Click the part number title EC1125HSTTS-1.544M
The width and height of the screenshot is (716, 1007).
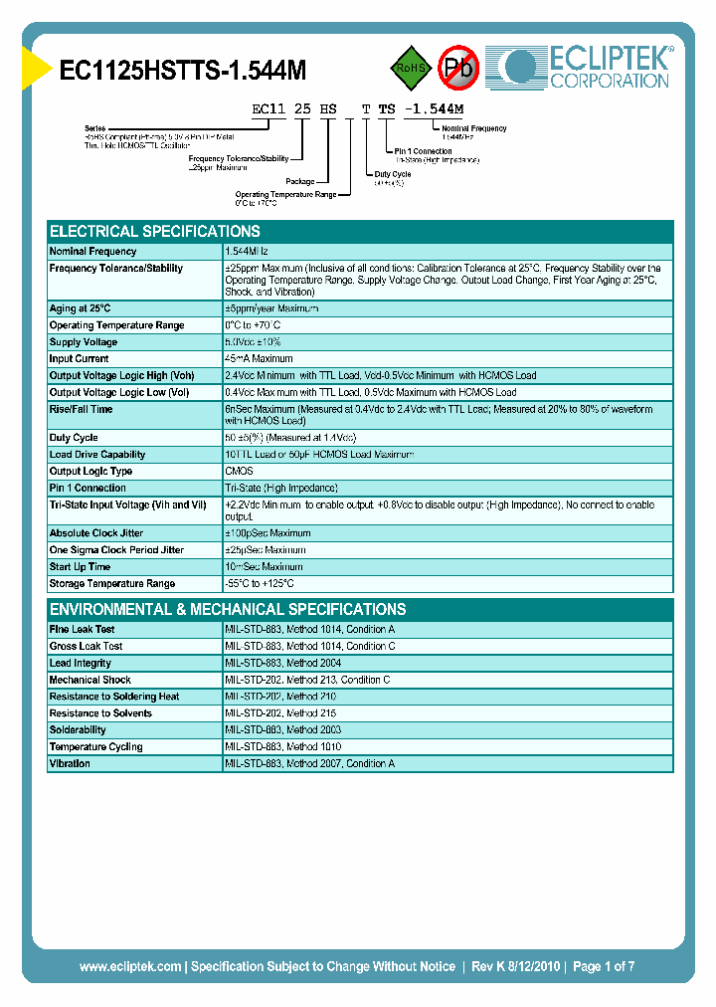click(183, 70)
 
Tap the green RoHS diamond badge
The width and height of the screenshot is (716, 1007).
click(411, 68)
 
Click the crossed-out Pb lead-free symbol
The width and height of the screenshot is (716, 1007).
click(459, 68)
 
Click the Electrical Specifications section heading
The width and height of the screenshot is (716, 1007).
click(155, 231)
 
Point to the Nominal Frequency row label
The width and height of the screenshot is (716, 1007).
click(93, 252)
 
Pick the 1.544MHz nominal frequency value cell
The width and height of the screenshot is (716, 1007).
click(253, 252)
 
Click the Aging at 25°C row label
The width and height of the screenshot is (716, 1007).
click(81, 308)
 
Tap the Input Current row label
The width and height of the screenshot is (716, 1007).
click(80, 359)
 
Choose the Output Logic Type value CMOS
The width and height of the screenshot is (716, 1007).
click(240, 471)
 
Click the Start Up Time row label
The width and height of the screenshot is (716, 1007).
click(81, 566)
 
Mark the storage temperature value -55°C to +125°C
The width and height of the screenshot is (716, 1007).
click(260, 583)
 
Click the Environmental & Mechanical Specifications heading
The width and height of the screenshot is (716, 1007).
click(228, 609)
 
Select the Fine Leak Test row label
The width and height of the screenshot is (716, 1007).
click(83, 629)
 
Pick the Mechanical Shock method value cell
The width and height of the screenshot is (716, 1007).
click(307, 680)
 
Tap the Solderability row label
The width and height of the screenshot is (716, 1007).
click(78, 729)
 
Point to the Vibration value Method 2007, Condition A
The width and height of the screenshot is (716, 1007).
click(310, 763)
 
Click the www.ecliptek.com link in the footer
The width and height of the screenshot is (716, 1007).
click(130, 966)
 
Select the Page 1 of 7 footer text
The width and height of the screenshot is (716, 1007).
click(603, 966)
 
